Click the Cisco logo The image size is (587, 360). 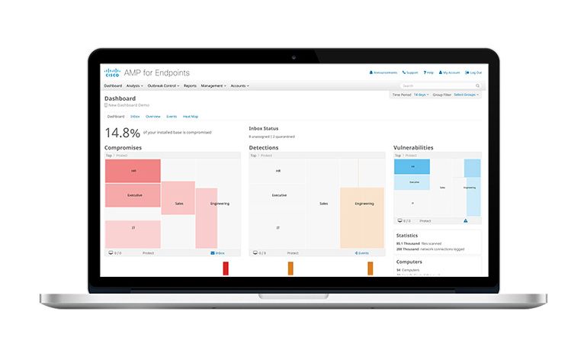[x=112, y=72]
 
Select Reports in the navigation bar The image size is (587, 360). [x=190, y=86]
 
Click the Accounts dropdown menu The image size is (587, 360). [x=239, y=86]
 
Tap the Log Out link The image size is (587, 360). [x=473, y=72]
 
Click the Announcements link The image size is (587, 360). [x=383, y=72]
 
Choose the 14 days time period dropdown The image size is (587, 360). [x=420, y=95]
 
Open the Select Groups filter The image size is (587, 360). [x=467, y=95]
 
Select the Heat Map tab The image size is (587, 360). [x=190, y=117]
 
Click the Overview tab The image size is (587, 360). [x=152, y=117]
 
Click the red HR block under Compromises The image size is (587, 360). [x=133, y=171]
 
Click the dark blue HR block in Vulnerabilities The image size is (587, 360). [x=412, y=166]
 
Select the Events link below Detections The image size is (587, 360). [x=362, y=252]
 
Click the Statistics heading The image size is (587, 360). [x=407, y=236]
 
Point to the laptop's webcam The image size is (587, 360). [x=293, y=57]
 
